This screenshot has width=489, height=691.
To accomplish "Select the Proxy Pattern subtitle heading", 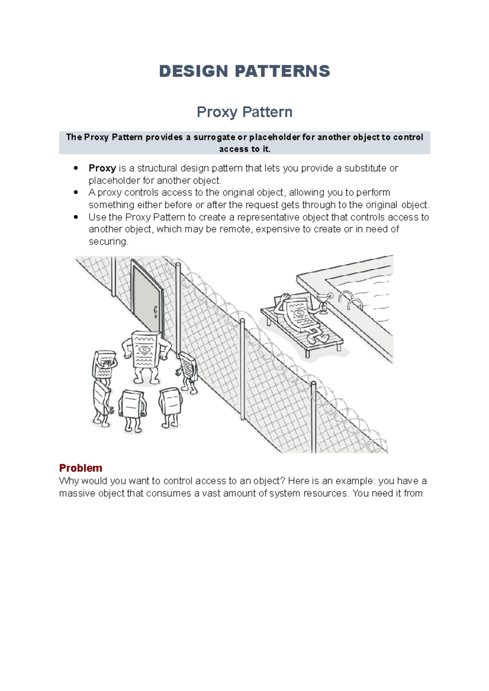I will coord(244,112).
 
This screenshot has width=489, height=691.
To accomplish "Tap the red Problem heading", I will coord(80,468).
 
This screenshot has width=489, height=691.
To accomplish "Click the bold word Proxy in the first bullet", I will coord(102,168).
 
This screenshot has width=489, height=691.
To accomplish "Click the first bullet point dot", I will coord(76,168).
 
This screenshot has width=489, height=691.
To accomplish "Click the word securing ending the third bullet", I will coord(108,241).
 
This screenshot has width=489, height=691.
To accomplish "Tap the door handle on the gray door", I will coord(155,311).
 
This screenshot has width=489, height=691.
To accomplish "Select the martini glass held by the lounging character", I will coord(323,303).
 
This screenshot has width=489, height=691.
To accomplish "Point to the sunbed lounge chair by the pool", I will coord(302,332).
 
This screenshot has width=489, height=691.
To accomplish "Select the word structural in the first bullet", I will coord(157,168).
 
